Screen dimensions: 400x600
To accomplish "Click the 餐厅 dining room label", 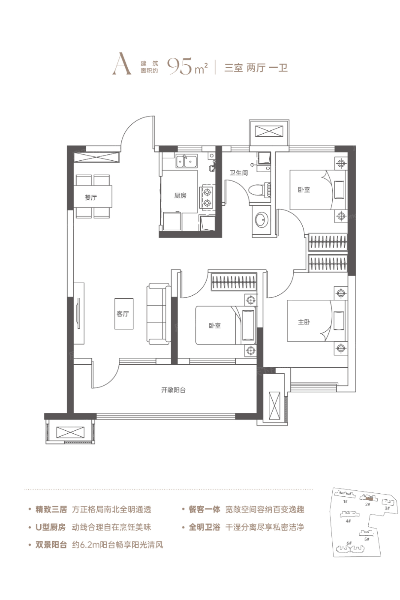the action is point(90,198).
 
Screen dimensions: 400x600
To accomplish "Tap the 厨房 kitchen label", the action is point(180,195).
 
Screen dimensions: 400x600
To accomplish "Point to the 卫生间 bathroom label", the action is point(238,173).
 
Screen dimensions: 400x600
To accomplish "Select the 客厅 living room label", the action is point(123,314).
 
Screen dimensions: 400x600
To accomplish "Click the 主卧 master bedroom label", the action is point(304,322).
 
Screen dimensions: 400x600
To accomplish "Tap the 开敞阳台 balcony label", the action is point(173,390).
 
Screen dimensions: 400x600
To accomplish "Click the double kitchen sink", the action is point(186,161).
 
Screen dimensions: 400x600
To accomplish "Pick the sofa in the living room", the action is point(159,314).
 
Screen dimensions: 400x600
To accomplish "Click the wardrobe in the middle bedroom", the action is point(234,282).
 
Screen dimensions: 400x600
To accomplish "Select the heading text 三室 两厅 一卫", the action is point(256,68).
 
